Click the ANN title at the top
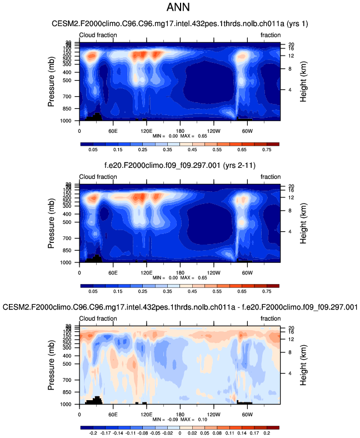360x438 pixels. point(180,8)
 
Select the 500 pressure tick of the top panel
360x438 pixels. point(67,81)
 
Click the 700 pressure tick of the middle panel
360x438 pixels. point(67,238)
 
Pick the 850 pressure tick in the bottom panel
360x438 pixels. point(67,392)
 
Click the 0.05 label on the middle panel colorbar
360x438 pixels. point(93,291)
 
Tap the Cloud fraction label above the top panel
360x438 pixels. point(98,36)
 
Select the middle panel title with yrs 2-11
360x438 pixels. point(179,166)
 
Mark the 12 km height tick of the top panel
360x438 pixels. point(290,56)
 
